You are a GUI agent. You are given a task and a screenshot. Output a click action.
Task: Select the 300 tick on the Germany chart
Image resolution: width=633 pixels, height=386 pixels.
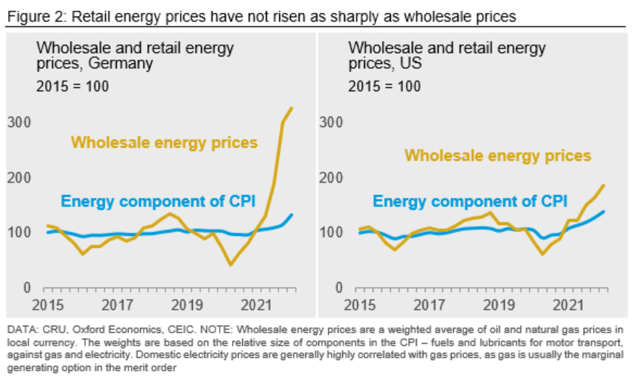pos(18,122)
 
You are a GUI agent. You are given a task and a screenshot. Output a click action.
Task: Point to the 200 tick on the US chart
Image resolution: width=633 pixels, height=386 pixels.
pos(331,178)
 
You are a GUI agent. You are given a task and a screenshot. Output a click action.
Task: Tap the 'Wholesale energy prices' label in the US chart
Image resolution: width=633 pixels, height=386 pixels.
pos(497,155)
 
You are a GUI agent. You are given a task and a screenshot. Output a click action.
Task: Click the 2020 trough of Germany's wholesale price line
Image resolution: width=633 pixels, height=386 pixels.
pos(231,264)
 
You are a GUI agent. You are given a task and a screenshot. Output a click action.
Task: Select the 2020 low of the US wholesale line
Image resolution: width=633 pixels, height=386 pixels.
pos(542,254)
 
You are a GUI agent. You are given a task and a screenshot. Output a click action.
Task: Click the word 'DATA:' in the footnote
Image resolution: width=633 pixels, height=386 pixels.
pos(22,330)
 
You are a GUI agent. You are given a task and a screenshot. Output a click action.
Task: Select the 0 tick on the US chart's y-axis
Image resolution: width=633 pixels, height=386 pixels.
pos(336,288)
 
